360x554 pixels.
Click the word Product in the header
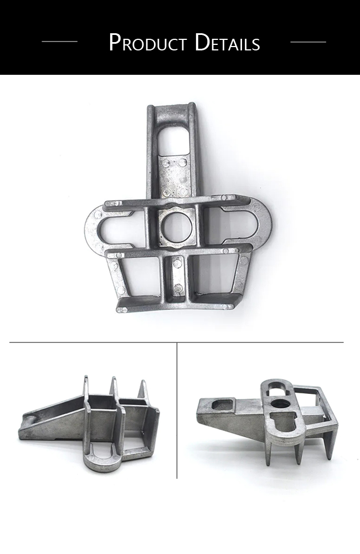coord(148,43)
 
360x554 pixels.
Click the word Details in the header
coord(228,43)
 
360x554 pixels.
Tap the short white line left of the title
coord(59,42)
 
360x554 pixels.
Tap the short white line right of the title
coord(308,42)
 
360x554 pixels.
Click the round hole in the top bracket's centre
coord(176,227)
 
